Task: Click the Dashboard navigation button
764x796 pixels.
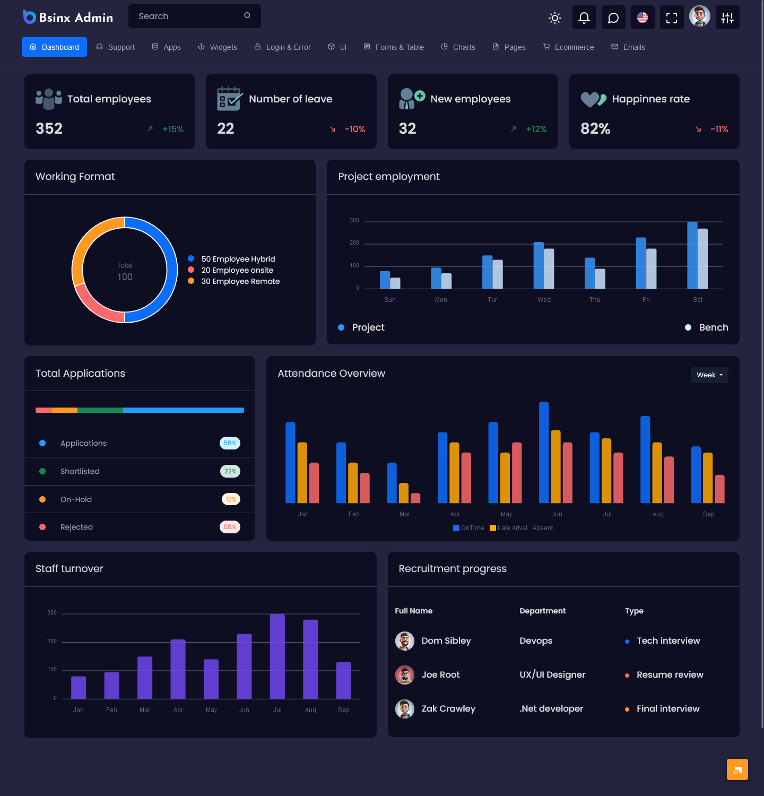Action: [x=54, y=47]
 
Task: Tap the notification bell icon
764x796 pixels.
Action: [x=584, y=18]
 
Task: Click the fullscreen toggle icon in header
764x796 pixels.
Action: [x=671, y=18]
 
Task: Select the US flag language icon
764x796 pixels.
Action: [x=643, y=18]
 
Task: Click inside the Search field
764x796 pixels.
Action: [x=188, y=16]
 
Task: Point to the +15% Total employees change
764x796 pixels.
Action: [x=172, y=129]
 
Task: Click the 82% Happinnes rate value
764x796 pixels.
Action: [x=595, y=128]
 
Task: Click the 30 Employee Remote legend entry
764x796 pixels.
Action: [x=240, y=281]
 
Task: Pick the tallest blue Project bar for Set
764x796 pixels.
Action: [x=692, y=255]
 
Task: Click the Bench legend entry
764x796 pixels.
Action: [x=713, y=327]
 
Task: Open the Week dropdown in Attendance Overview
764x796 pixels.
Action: [x=709, y=375]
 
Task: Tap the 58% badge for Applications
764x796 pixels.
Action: [x=230, y=443]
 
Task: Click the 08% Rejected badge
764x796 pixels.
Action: [x=230, y=527]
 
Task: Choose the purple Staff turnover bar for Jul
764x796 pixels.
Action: [x=277, y=656]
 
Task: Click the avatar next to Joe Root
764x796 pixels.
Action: [x=405, y=675]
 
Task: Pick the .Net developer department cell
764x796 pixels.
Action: [x=551, y=709]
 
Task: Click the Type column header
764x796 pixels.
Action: [x=634, y=611]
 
